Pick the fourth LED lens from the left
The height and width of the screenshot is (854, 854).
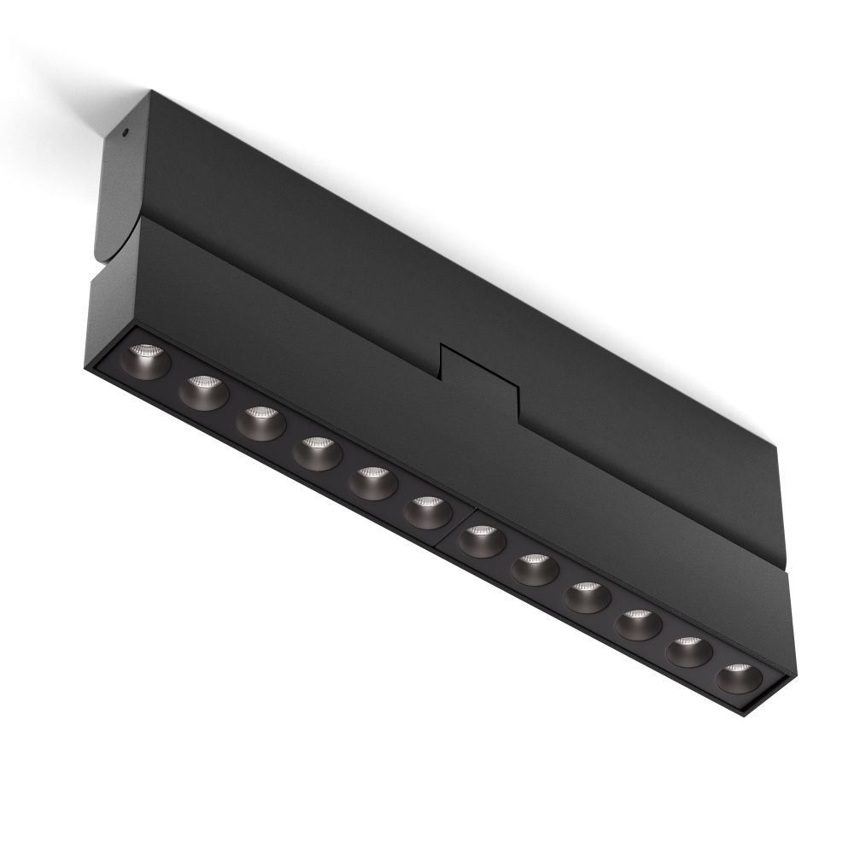pyautogui.click(x=315, y=452)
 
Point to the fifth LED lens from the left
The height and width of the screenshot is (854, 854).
pyautogui.click(x=371, y=482)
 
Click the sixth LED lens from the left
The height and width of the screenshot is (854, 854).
pyautogui.click(x=426, y=511)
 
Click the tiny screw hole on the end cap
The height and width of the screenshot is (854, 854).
pyautogui.click(x=125, y=132)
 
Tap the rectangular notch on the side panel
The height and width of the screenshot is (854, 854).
pyautogui.click(x=478, y=376)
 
